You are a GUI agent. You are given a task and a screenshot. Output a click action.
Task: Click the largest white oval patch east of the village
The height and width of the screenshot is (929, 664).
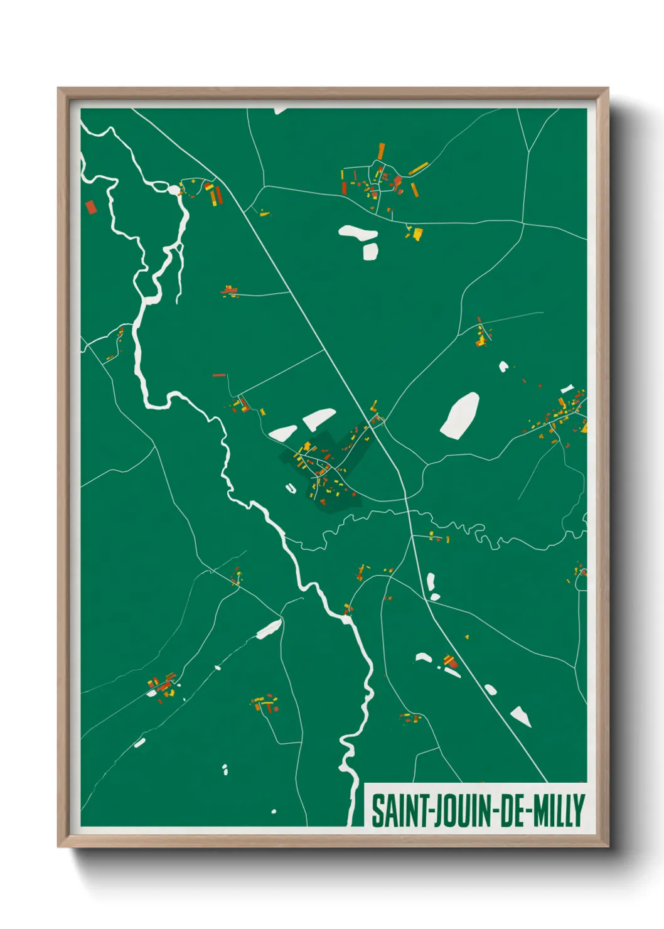tap(460, 415)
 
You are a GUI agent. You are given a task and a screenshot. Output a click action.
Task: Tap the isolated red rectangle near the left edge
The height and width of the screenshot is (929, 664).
tap(90, 207)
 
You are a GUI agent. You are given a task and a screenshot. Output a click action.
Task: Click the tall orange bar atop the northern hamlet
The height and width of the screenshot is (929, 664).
tap(381, 151)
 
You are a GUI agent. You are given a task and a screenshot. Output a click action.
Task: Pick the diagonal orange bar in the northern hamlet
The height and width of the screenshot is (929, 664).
tap(418, 168)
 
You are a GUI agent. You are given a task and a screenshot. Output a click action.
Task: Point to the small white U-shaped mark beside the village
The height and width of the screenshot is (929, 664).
tap(290, 488)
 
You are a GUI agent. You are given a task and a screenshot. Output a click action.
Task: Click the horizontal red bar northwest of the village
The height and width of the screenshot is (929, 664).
tap(219, 375)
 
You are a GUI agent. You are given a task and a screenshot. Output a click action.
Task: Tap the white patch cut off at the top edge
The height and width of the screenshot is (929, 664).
tap(279, 111)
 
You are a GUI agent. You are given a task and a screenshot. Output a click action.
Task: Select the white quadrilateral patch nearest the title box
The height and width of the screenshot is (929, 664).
tap(520, 716)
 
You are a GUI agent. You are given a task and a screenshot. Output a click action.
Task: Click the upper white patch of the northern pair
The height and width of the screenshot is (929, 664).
tap(358, 232)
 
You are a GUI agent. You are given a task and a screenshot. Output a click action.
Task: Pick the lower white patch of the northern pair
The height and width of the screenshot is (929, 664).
tap(370, 251)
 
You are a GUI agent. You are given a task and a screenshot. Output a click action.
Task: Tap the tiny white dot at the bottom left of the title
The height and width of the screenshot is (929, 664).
tap(274, 812)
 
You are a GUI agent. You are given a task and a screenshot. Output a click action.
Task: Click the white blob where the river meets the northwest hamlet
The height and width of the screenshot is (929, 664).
tap(173, 189)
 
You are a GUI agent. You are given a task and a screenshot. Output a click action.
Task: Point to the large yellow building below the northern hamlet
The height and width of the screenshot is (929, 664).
tap(417, 234)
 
